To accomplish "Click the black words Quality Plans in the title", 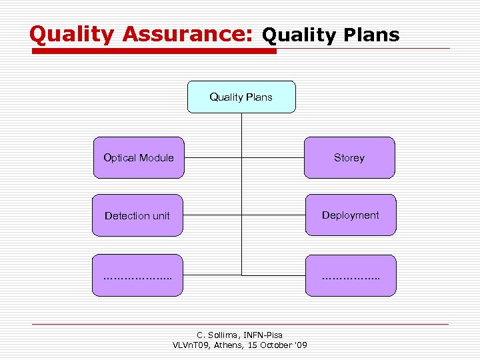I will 331,35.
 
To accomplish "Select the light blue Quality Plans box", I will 241,97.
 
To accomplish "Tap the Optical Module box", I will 139,158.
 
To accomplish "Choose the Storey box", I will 349,158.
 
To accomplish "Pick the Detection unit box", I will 137,215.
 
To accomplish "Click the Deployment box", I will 351,215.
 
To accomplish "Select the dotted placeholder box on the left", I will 137,275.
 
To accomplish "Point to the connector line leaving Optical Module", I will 212,158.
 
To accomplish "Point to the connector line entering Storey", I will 273,158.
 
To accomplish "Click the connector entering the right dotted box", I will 273,275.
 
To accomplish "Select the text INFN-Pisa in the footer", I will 262,335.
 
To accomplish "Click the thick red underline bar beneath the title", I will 153,51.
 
